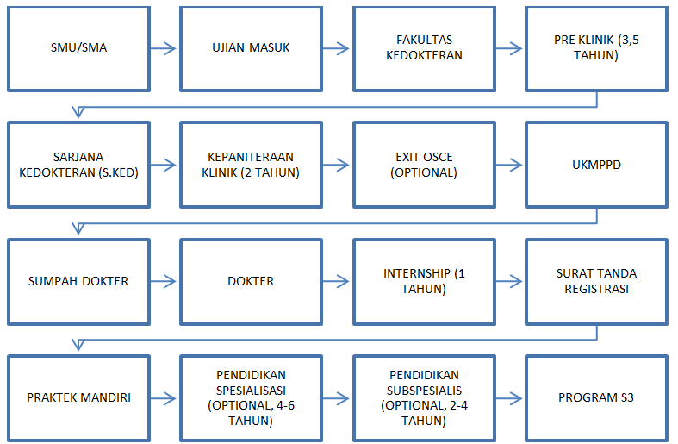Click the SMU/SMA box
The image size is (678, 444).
(78, 48)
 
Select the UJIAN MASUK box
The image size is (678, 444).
(251, 48)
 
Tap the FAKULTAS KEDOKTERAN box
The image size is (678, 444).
(424, 48)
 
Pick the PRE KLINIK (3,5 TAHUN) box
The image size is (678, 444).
(596, 48)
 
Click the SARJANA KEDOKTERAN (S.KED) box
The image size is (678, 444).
(78, 164)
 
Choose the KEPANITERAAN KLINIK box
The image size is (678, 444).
(251, 164)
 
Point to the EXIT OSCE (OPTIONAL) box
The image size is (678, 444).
(424, 164)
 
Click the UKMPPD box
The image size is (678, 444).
(596, 164)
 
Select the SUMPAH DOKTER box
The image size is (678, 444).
(78, 281)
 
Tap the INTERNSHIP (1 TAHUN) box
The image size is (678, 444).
(424, 281)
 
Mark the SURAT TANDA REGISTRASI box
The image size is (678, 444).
(596, 281)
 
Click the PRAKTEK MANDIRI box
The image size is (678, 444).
(78, 397)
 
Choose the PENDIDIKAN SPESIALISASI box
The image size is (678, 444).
(251, 397)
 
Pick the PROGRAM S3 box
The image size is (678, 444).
(596, 397)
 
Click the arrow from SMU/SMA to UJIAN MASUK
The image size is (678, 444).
(164, 48)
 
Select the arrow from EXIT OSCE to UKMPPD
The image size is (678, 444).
(509, 165)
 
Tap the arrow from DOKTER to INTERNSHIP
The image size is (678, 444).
(337, 281)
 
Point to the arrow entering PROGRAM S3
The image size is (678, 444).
(509, 397)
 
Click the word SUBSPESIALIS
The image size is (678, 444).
(424, 390)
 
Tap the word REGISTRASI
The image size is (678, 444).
(596, 289)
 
